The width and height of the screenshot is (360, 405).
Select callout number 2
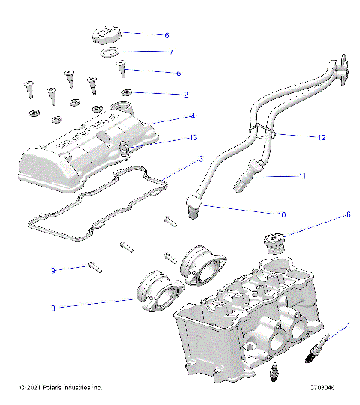click(x=185, y=94)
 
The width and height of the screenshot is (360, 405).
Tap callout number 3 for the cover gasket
click(x=200, y=160)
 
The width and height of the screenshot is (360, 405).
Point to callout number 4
click(x=193, y=116)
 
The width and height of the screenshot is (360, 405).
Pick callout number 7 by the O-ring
click(x=170, y=52)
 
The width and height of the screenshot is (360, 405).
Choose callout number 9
click(x=54, y=269)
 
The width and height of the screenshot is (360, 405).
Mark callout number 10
click(x=282, y=214)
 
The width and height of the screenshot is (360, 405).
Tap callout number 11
click(x=302, y=176)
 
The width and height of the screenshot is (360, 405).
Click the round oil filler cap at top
click(x=102, y=35)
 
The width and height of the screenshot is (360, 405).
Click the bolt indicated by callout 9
click(x=92, y=264)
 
